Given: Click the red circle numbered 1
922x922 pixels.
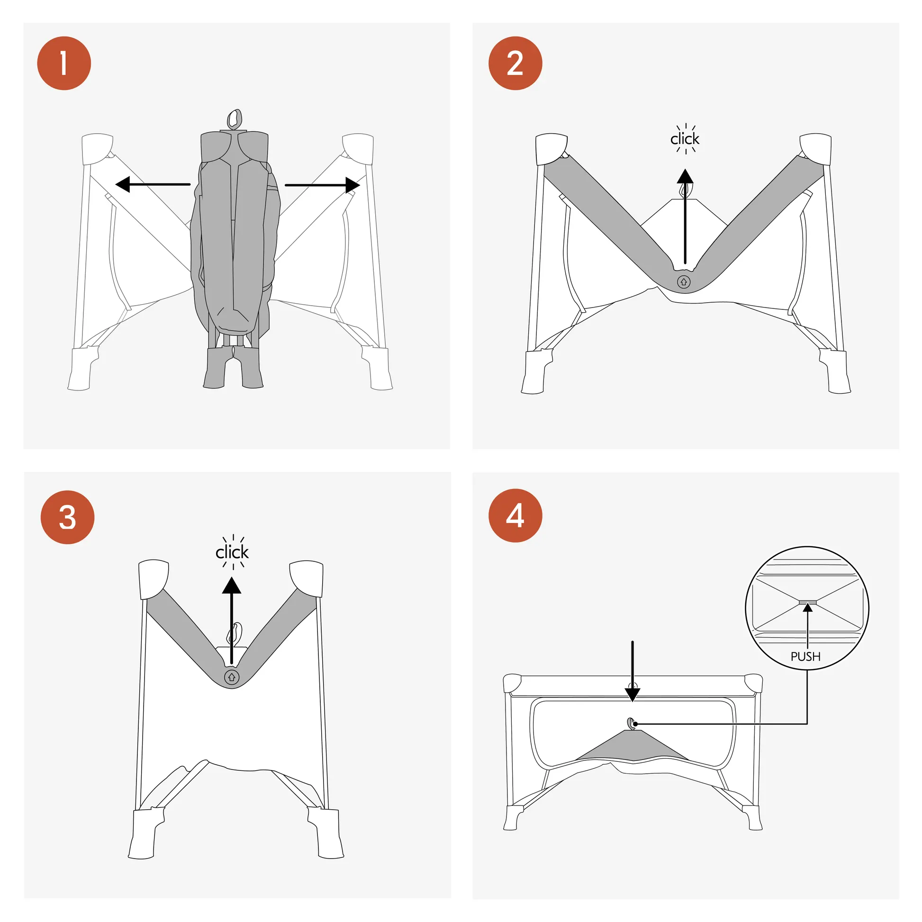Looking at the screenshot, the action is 64,63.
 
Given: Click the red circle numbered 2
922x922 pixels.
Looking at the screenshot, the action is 515,63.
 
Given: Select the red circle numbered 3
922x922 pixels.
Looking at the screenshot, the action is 67,517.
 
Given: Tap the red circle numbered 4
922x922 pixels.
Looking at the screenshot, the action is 515,515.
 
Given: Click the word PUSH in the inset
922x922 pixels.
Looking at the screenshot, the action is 805,657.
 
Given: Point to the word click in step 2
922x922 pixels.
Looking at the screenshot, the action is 685,139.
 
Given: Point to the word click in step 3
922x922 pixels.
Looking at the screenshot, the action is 232,552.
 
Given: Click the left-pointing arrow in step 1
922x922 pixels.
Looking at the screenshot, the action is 153,184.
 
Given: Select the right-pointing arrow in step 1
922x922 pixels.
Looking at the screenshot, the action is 323,185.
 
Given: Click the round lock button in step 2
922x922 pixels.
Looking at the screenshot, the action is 683,282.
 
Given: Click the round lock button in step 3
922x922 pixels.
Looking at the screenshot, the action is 232,677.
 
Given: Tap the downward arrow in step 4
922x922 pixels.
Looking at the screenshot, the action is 633,671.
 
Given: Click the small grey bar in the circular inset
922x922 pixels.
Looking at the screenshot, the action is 807,602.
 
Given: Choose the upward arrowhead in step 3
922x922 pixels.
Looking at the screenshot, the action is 232,585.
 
